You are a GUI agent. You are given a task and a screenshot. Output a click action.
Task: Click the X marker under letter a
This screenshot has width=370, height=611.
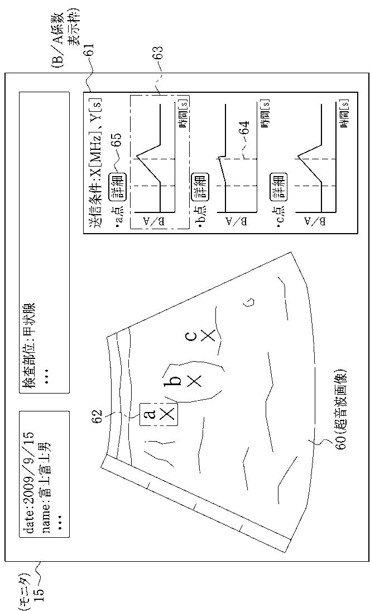click(166, 414)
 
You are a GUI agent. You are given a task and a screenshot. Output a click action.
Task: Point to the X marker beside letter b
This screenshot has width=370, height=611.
click(194, 381)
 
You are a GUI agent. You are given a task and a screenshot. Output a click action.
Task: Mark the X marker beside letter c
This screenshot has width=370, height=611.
click(208, 335)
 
